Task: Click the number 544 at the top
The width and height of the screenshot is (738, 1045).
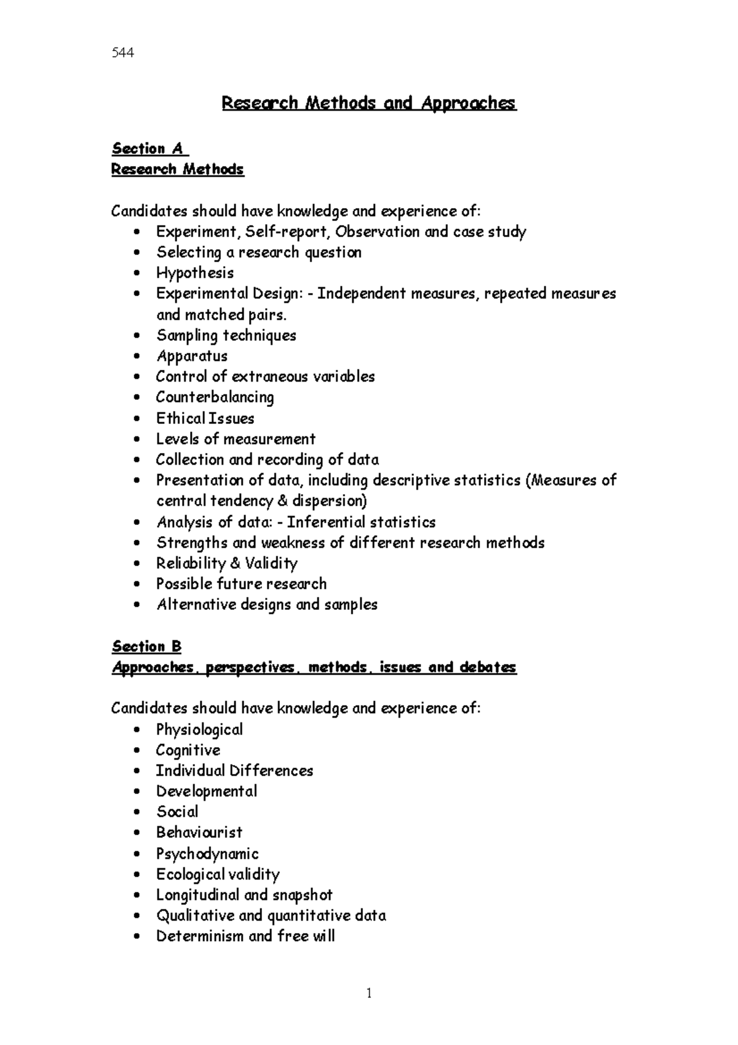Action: pos(123,53)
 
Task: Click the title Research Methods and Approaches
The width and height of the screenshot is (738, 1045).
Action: pos(368,103)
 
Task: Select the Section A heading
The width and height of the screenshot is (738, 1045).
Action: pos(149,149)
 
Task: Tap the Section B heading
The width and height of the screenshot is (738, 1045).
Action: pos(146,647)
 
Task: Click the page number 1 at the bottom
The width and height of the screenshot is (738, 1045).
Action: pos(369,993)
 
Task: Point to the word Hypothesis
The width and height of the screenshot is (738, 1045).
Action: pos(194,273)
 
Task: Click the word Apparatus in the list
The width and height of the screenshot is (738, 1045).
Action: pos(191,356)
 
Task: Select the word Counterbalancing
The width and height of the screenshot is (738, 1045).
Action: pos(215,398)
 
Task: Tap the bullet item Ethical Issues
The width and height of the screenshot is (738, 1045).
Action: pos(205,418)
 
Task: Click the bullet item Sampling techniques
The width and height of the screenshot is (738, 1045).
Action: pos(226,335)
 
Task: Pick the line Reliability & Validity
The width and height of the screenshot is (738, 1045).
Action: pos(226,564)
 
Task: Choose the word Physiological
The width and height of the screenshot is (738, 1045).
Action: pos(199,730)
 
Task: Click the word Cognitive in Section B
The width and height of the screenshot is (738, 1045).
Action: pos(188,750)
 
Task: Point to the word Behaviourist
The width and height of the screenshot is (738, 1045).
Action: pos(199,833)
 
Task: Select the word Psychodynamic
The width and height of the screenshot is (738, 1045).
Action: pos(207,854)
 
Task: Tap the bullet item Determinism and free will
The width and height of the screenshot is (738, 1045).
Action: pos(245,937)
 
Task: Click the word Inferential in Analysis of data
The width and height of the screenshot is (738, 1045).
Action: pos(326,522)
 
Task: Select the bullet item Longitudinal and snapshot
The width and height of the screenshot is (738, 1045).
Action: pos(244,895)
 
